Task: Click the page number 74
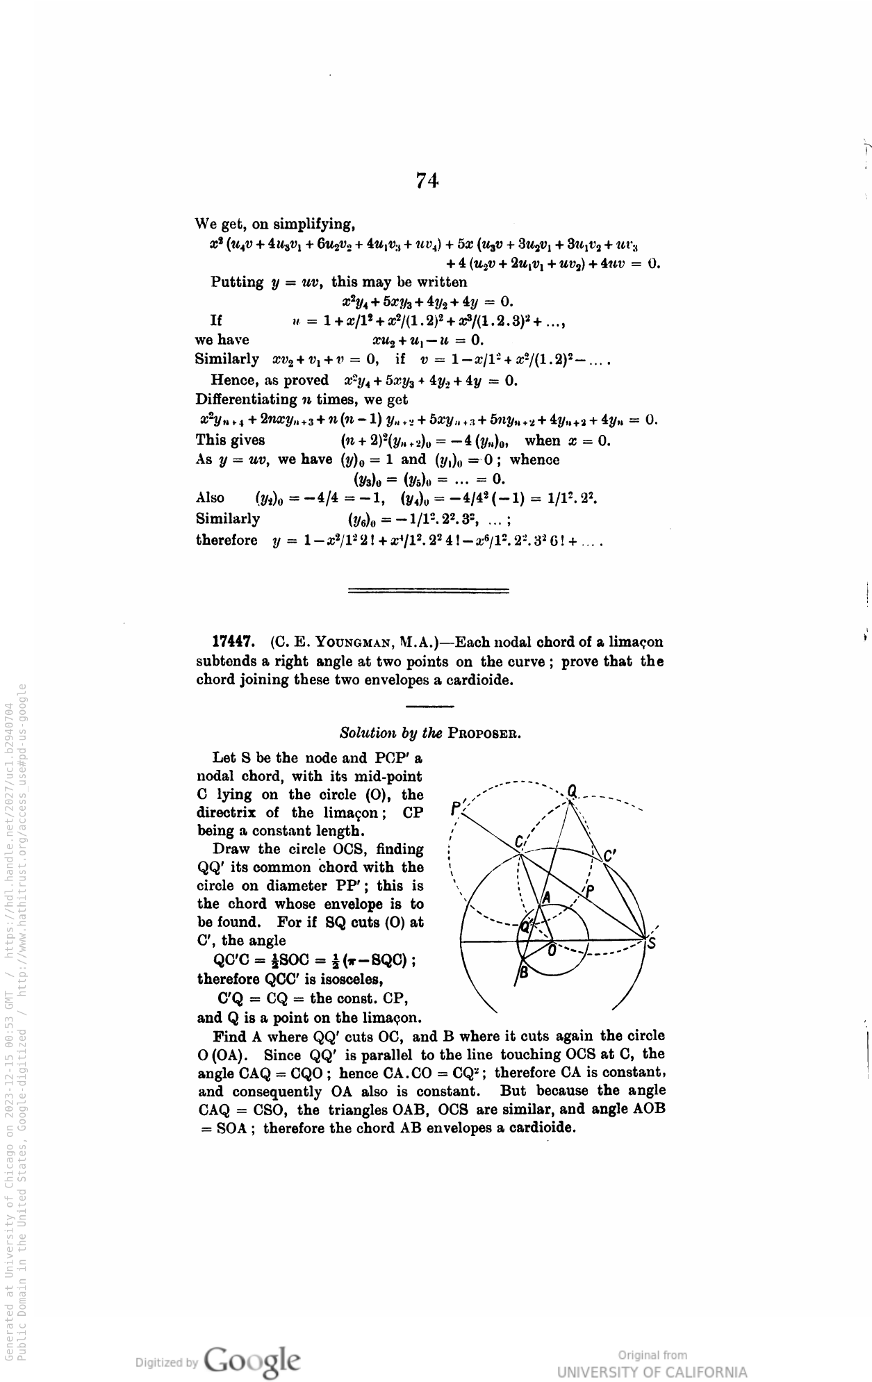427,181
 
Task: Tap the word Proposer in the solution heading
485,733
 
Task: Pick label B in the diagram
525,973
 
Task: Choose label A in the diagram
546,898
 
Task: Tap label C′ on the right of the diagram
610,857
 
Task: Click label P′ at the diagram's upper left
456,808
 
